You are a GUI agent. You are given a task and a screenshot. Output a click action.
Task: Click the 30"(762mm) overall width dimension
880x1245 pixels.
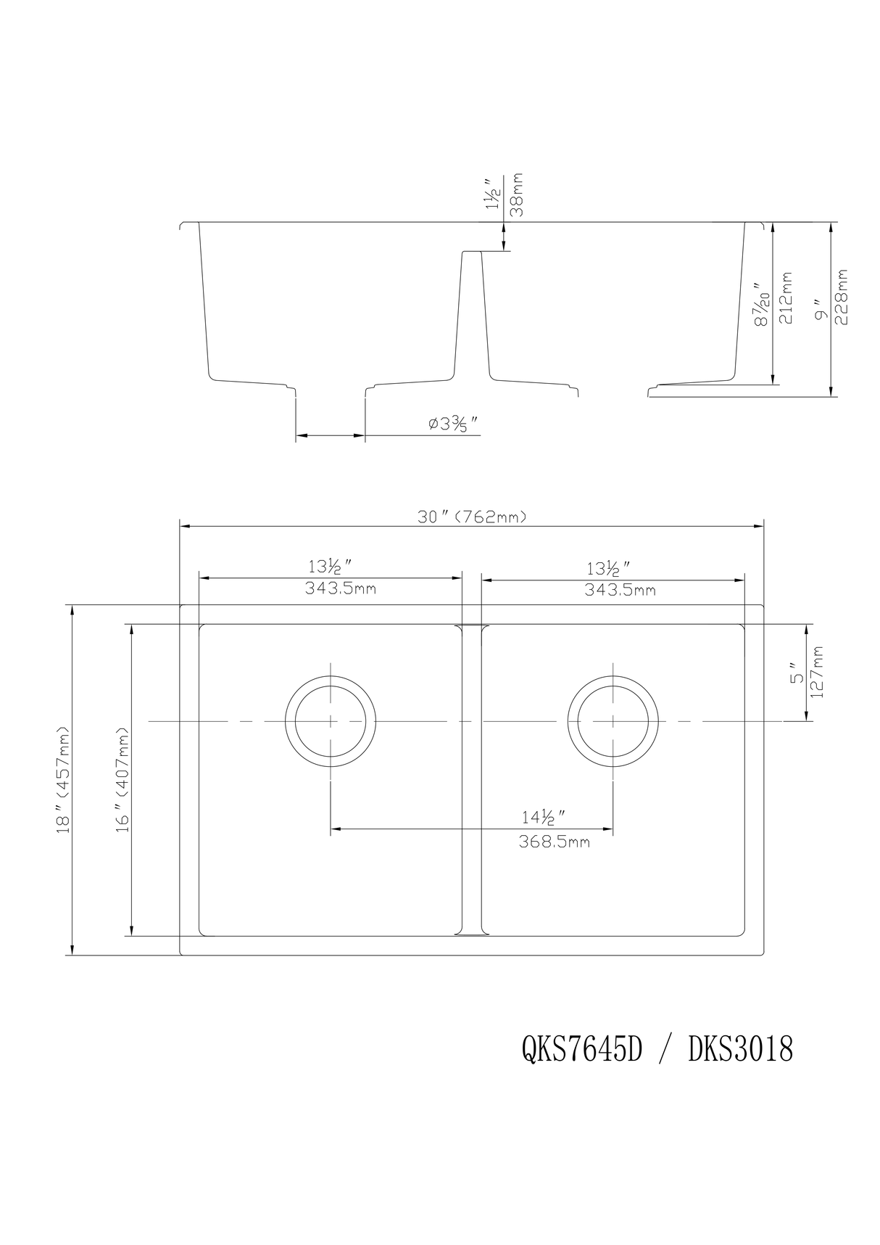click(x=471, y=517)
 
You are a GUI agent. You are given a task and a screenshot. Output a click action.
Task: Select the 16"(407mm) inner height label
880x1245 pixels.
click(x=122, y=779)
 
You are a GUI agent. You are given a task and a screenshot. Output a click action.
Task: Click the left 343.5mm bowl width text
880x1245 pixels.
click(x=340, y=588)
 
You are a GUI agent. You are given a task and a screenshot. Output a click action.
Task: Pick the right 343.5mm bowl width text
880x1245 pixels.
click(x=620, y=590)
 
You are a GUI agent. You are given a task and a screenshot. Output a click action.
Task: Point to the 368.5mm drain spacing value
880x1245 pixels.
click(x=554, y=842)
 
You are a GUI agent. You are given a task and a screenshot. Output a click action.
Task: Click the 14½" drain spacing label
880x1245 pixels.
click(x=542, y=818)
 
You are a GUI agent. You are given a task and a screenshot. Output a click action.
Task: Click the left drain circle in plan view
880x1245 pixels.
click(x=331, y=721)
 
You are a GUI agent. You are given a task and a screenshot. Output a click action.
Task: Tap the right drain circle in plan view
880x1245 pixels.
click(x=613, y=721)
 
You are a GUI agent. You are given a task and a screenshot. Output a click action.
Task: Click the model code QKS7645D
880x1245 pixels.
click(x=581, y=1050)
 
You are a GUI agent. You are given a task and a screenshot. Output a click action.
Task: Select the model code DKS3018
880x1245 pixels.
click(x=739, y=1050)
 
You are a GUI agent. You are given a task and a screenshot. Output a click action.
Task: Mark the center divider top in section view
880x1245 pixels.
click(x=473, y=252)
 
